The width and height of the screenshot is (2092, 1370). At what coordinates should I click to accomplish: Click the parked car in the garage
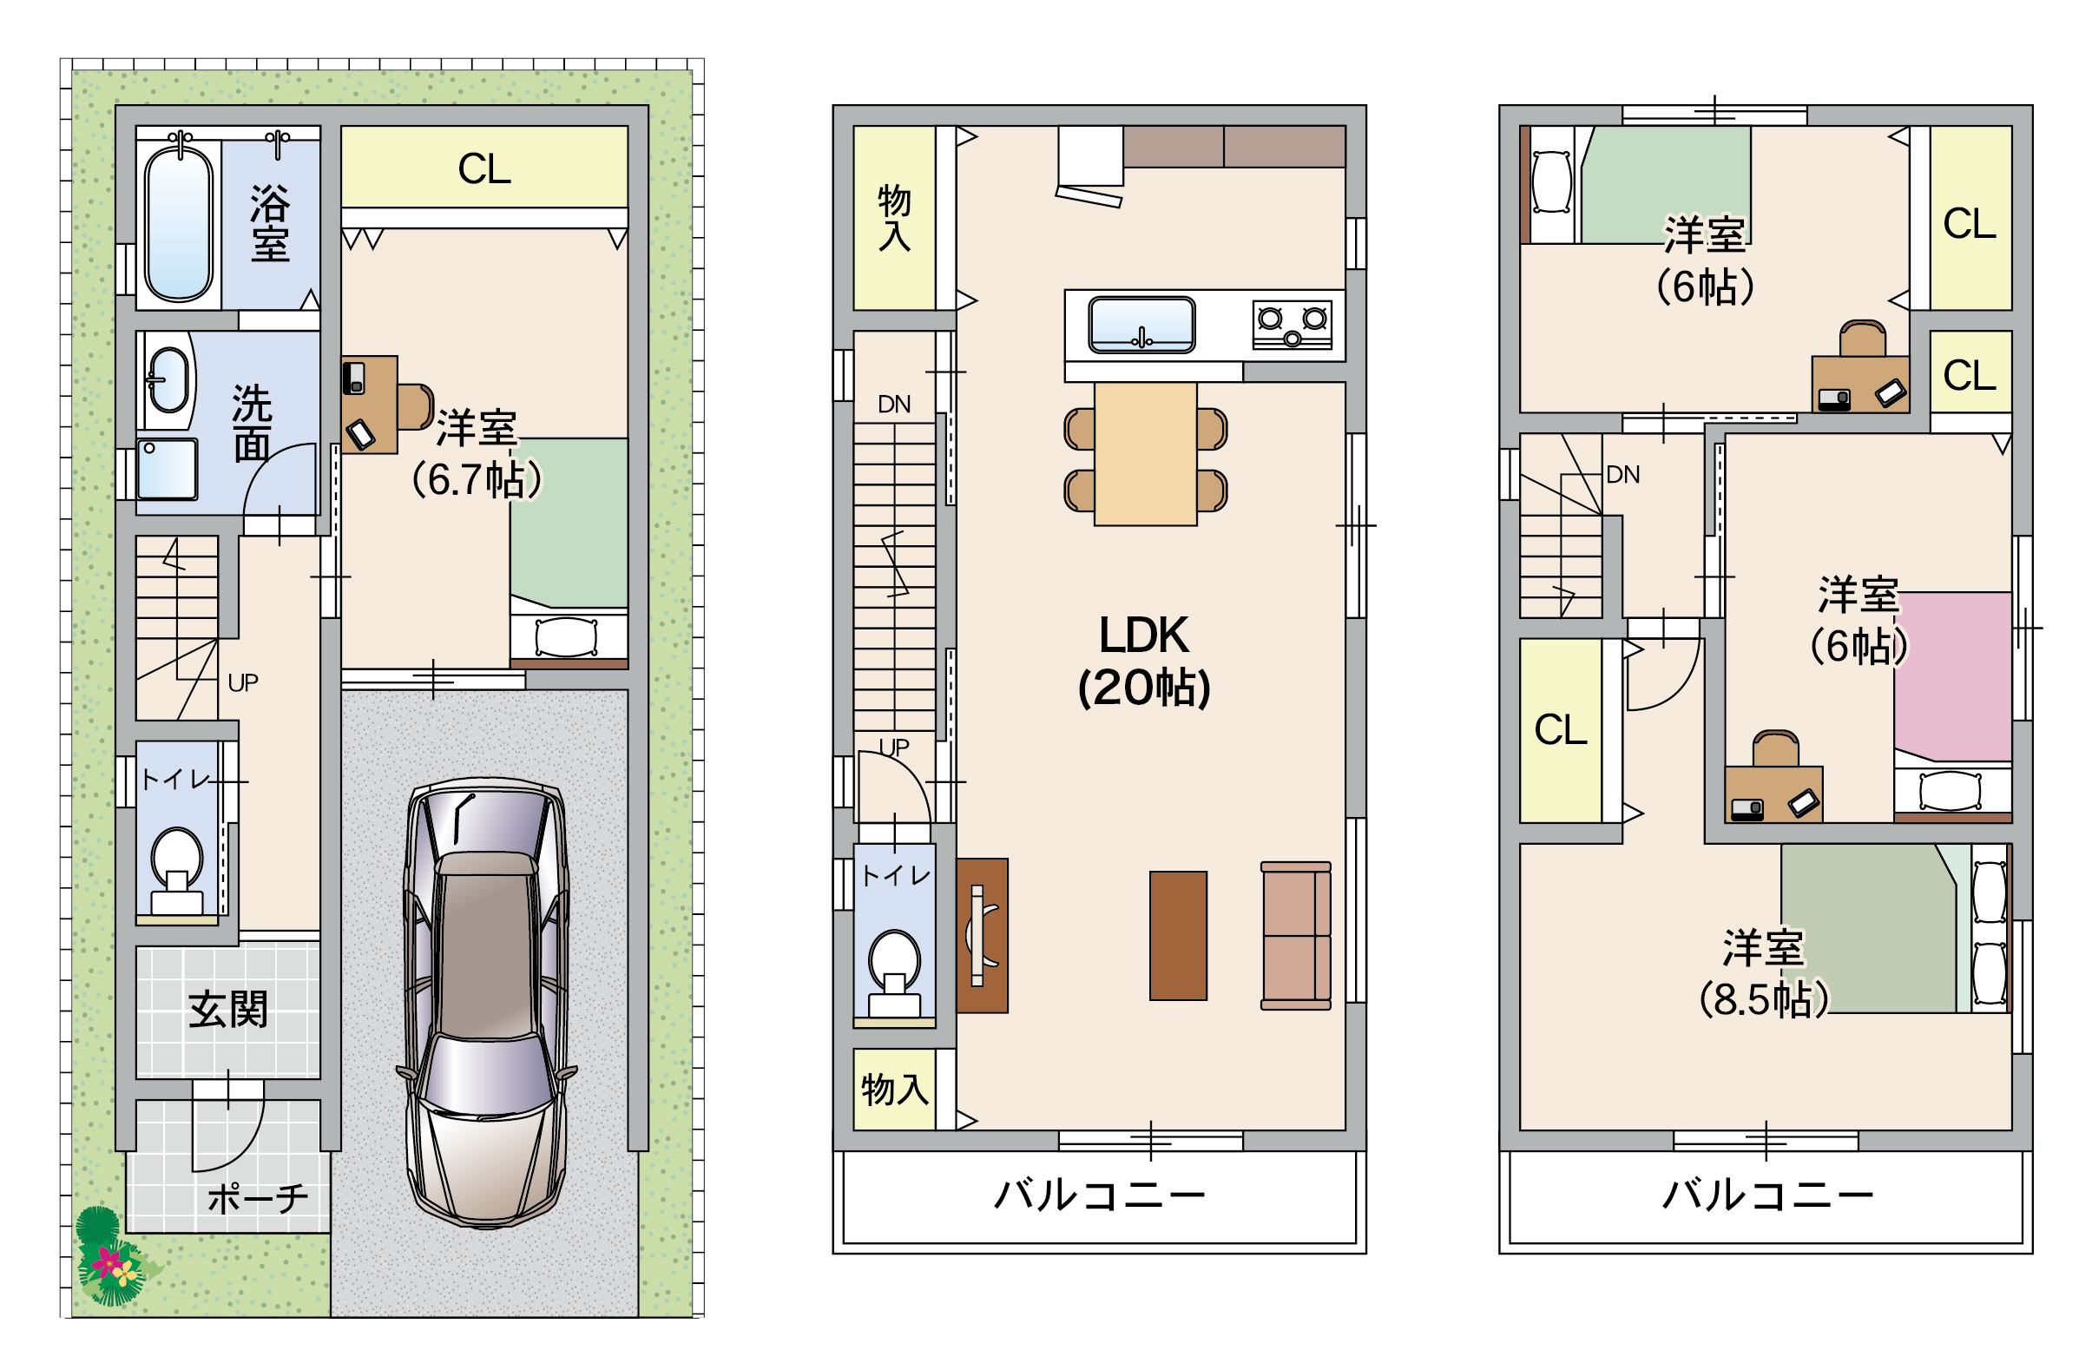[x=486, y=1003]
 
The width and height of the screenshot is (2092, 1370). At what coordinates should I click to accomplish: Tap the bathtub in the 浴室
[x=179, y=223]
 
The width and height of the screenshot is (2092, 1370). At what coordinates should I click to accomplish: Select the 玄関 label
[x=228, y=1009]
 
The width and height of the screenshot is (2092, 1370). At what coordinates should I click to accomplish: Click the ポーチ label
[x=258, y=1197]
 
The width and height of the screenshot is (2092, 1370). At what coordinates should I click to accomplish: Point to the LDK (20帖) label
[x=1143, y=662]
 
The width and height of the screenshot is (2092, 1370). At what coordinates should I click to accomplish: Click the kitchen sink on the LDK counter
[x=1141, y=325]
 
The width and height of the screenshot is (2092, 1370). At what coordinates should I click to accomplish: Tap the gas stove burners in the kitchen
[x=1293, y=325]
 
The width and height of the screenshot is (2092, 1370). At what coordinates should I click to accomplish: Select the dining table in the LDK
[x=1145, y=454]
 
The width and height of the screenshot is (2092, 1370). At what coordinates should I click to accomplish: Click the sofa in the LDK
[x=1296, y=936]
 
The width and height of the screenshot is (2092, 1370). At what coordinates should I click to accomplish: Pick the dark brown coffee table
[x=1178, y=936]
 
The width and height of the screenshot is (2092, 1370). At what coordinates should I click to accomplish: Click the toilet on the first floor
[x=177, y=871]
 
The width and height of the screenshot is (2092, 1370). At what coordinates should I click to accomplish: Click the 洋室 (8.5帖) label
[x=1764, y=972]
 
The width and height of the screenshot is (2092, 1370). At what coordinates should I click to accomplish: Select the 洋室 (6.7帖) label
[x=477, y=454]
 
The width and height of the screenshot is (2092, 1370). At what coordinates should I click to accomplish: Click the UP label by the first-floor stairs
[x=243, y=682]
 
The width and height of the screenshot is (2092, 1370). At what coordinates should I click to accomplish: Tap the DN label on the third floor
[x=1622, y=475]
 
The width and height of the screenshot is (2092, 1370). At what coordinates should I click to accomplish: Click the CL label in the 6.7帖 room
[x=484, y=168]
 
